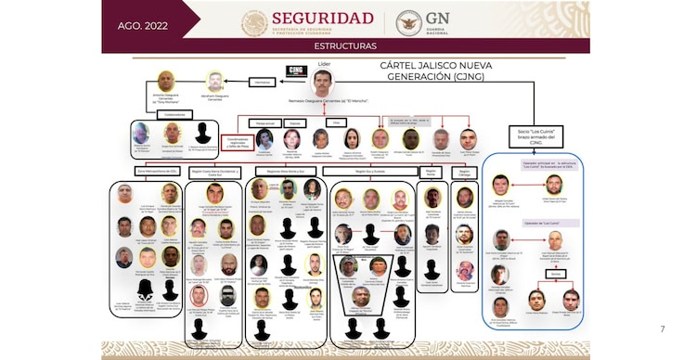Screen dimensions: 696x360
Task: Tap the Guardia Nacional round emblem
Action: (x=408, y=23)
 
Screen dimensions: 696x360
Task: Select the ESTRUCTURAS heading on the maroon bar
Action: (x=345, y=45)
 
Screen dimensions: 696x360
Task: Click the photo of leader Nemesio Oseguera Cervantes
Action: (x=322, y=82)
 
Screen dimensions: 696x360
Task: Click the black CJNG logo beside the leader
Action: (x=294, y=70)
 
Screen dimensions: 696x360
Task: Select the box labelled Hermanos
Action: (x=263, y=83)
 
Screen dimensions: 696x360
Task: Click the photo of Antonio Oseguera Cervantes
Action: (x=166, y=81)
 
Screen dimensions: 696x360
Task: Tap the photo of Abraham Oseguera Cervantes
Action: (x=215, y=81)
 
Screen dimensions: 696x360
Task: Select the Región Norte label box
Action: (x=431, y=172)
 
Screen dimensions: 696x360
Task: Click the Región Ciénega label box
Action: (x=465, y=172)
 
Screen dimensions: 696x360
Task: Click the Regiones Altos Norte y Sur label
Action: (x=286, y=172)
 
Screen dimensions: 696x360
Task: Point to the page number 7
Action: (x=662, y=328)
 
